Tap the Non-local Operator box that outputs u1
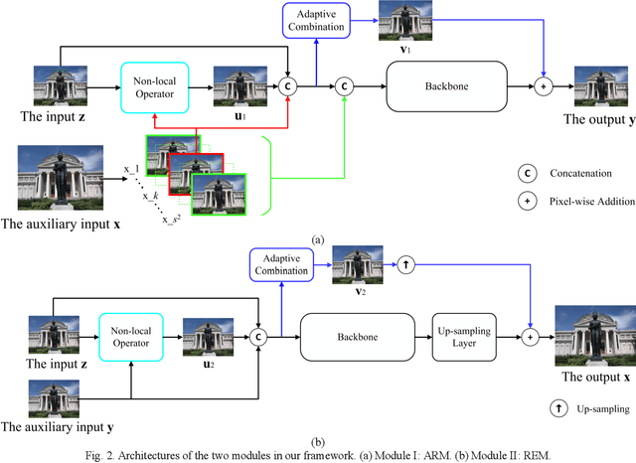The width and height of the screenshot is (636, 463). pos(154,85)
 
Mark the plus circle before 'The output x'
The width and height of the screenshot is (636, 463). pos(531,337)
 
